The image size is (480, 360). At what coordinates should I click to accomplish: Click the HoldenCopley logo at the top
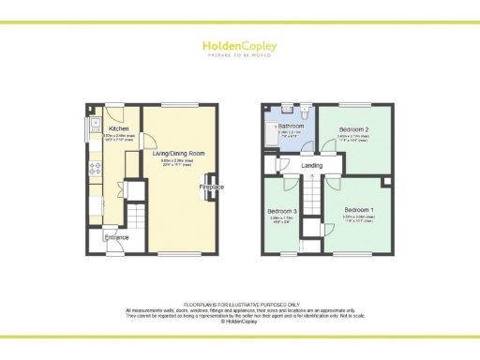coord(239,46)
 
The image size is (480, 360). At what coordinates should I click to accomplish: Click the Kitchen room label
coord(118,129)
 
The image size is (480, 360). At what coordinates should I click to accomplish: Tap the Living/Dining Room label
coord(177,152)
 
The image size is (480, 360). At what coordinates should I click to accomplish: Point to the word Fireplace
coord(211,187)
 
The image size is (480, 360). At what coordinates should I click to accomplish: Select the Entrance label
coord(116,237)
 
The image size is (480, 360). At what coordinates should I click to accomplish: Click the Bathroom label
coord(291,125)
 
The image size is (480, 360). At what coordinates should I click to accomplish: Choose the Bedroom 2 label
coord(353,128)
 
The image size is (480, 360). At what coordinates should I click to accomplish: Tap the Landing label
coord(313,166)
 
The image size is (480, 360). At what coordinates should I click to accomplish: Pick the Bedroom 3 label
coord(282,212)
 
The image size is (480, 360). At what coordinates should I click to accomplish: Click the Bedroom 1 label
coord(358,208)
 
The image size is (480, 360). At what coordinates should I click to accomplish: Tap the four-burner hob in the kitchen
coord(94,170)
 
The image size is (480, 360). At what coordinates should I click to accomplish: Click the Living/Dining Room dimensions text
coord(177,162)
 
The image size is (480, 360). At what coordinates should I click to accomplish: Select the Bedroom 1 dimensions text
coord(358,218)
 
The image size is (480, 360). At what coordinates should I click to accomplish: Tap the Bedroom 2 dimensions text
coord(353,139)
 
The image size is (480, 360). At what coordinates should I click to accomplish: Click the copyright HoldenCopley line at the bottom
coord(240,321)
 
